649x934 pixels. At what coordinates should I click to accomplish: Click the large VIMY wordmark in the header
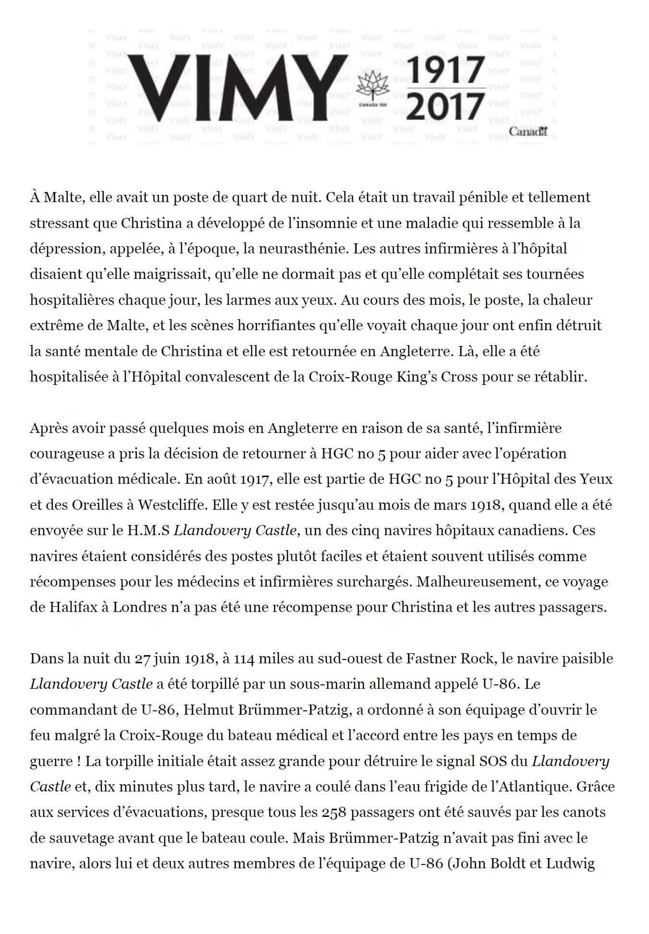click(238, 87)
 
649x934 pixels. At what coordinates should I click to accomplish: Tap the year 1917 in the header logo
click(445, 70)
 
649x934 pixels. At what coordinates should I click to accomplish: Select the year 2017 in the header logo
click(445, 107)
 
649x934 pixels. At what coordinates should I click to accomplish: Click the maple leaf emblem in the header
click(372, 86)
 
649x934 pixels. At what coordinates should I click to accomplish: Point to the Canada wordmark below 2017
click(528, 132)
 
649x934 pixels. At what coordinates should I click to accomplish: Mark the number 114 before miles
click(244, 658)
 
